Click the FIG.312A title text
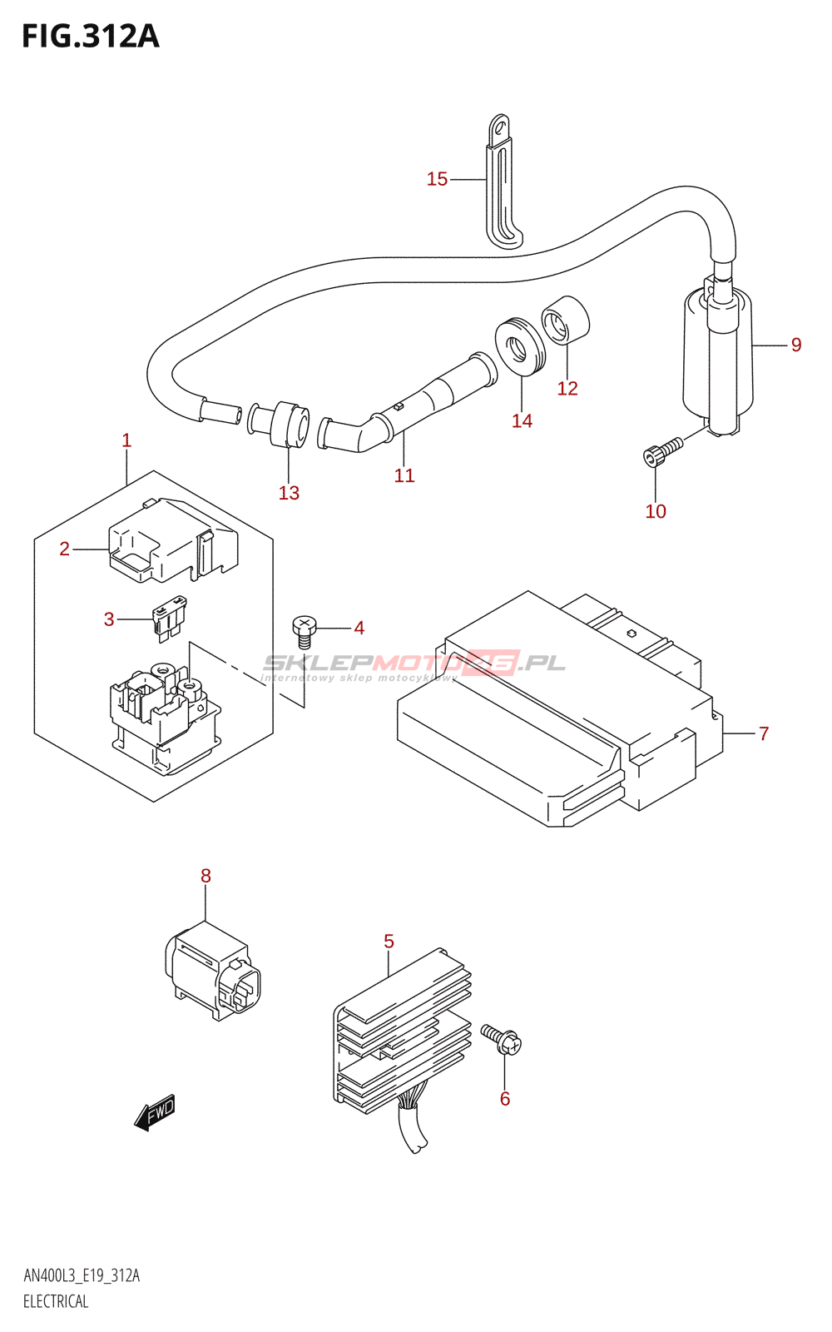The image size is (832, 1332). click(x=90, y=36)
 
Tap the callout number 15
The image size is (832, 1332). click(x=437, y=179)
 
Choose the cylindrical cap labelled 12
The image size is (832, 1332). click(x=566, y=319)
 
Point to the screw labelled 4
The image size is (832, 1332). click(x=305, y=629)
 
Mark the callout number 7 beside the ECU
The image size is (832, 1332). click(x=764, y=733)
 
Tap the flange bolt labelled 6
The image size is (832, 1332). click(x=502, y=1040)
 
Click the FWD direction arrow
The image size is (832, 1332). click(x=155, y=1112)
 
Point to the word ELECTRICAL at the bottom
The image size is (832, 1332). click(x=56, y=1301)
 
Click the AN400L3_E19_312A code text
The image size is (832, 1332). click(x=82, y=1275)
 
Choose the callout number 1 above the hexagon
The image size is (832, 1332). click(x=126, y=440)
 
